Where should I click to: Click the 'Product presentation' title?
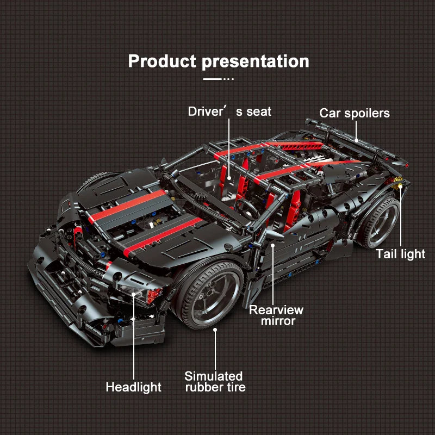coord(219,61)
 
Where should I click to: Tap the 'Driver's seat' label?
coord(229,111)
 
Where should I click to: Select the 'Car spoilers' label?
coord(355,114)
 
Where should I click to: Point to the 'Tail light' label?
coord(400,254)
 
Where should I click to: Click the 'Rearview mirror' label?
coord(276,315)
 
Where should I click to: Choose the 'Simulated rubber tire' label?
coord(215,382)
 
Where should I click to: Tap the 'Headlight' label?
coord(133,387)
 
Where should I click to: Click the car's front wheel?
coord(209,295)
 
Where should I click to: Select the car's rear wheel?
coord(379,222)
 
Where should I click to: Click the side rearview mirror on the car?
coord(274,235)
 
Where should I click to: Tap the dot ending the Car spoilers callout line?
coord(356,141)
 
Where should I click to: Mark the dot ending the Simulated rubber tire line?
coord(215,330)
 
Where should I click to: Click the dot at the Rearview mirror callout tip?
coord(273,246)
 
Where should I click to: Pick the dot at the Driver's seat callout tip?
coord(229,178)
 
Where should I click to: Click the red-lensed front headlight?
coord(153,295)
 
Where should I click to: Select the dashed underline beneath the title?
coord(219,79)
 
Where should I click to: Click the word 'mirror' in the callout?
coord(278,321)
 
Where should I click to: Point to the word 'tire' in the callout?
coord(236,388)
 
